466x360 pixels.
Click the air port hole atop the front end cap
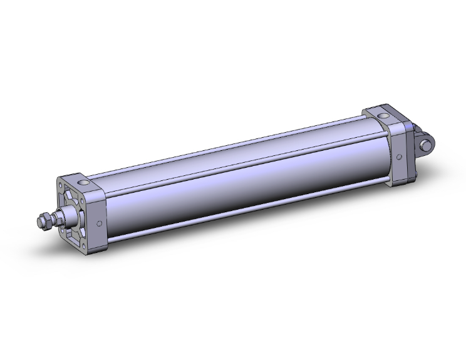point(84,183)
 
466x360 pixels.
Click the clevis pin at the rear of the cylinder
point(428,145)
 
